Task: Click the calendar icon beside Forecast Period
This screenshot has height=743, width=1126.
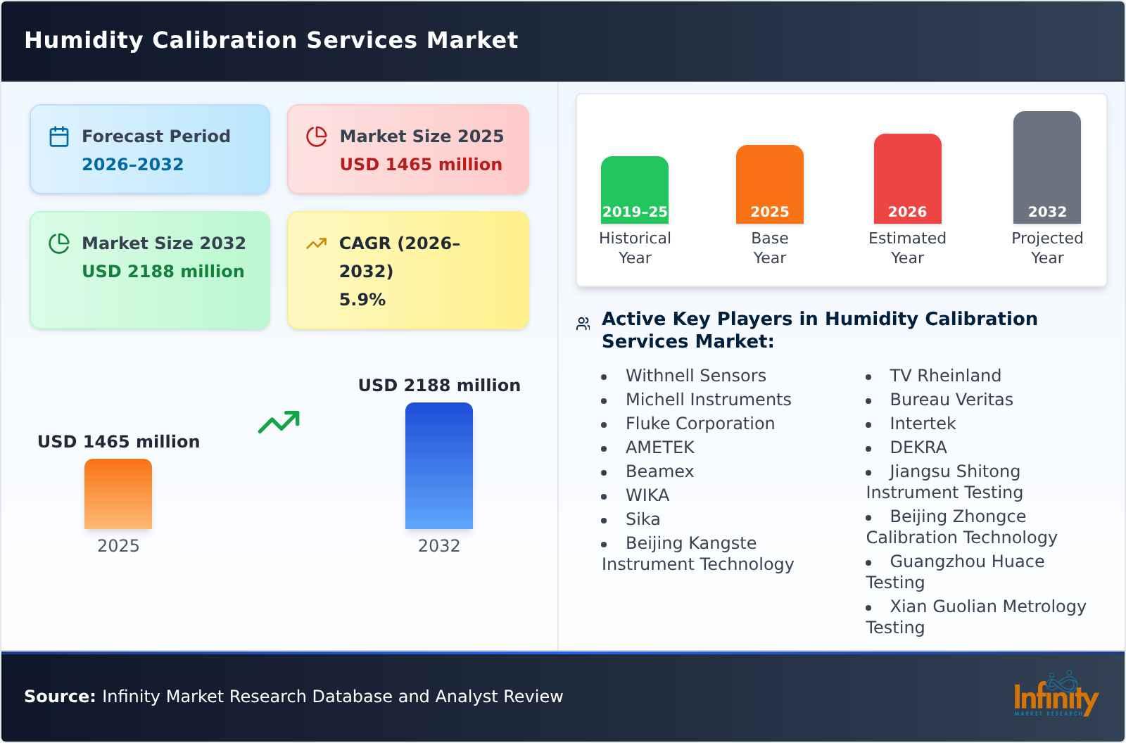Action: point(59,136)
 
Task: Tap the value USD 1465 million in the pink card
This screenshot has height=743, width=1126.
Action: point(421,164)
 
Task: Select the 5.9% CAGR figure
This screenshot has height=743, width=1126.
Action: point(362,299)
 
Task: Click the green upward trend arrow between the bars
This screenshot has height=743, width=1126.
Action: point(279,422)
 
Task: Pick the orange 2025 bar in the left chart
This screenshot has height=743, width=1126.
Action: point(118,494)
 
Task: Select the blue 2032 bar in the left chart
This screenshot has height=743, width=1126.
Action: point(438,466)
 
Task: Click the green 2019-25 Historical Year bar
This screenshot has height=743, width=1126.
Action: point(634,190)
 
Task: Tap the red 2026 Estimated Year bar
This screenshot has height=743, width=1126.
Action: point(907,179)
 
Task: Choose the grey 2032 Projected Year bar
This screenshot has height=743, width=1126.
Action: point(1046,167)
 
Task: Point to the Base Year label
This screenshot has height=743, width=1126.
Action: point(769,248)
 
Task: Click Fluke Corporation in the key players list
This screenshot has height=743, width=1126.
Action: point(700,424)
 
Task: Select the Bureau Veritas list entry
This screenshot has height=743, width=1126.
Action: point(951,400)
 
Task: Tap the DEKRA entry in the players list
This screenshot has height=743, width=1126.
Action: point(918,447)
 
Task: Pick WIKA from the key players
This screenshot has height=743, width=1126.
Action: point(647,495)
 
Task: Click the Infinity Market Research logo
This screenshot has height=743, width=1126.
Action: point(1055,695)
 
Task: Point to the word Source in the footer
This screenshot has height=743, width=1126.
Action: point(59,697)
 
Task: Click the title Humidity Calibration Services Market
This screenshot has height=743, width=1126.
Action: point(271,40)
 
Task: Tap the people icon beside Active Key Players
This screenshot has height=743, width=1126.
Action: point(583,324)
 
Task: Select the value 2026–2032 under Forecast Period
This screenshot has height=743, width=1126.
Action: point(132,164)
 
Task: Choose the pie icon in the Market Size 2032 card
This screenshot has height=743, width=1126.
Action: point(59,243)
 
